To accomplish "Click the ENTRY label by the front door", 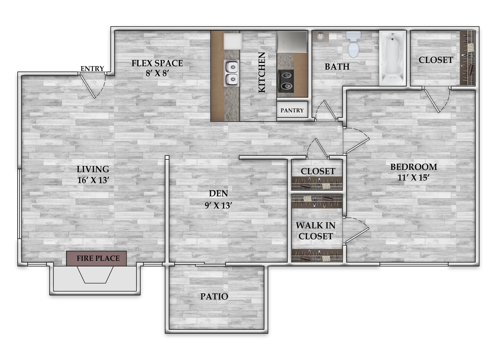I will click(x=92, y=69).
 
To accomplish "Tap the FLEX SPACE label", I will click(x=157, y=64).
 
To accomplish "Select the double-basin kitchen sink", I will click(x=231, y=73).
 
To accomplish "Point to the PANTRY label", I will click(x=292, y=110).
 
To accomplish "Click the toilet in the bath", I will click(x=353, y=44).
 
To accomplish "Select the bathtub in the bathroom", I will click(x=393, y=58).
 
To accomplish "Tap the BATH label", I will click(x=337, y=67).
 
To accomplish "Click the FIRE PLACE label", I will click(x=96, y=258).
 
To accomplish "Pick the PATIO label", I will click(x=214, y=296).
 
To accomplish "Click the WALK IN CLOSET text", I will click(x=316, y=230).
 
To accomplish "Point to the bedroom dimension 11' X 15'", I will click(x=413, y=178).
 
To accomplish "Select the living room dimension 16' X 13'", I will click(x=93, y=180).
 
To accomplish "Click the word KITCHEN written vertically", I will click(x=262, y=72).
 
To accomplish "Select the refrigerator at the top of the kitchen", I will click(x=292, y=41).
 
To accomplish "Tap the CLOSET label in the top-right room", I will click(x=436, y=60).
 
